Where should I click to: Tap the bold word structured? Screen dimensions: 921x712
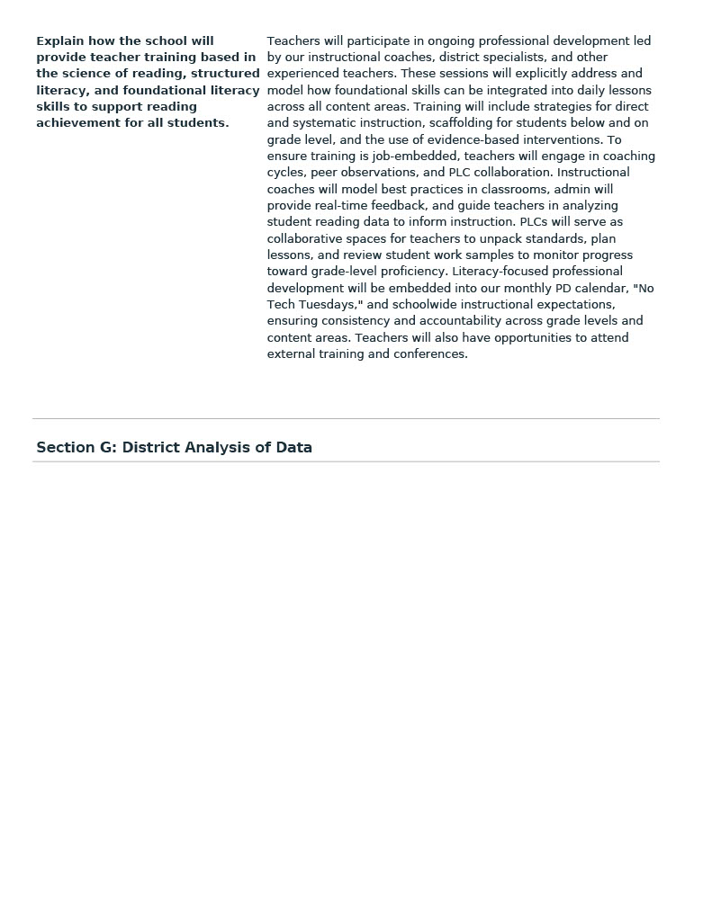[x=225, y=74]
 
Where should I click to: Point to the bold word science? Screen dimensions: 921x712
[x=88, y=74]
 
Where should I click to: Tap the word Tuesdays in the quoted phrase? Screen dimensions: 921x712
[x=327, y=305]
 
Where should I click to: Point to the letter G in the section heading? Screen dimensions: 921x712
[x=107, y=448]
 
